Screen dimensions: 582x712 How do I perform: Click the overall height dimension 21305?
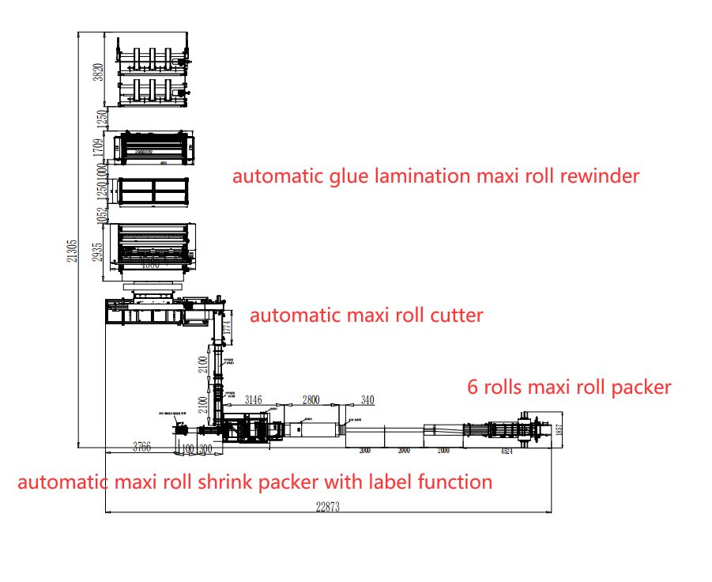(x=72, y=251)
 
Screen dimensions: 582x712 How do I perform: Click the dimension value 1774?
(x=229, y=329)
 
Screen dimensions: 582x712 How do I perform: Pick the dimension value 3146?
(x=254, y=399)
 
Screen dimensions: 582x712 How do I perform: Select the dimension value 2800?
(x=312, y=399)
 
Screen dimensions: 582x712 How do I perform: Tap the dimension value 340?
(x=367, y=399)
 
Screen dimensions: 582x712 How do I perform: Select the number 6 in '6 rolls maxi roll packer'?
(x=473, y=387)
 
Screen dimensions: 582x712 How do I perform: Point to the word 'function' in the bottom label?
(x=457, y=482)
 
